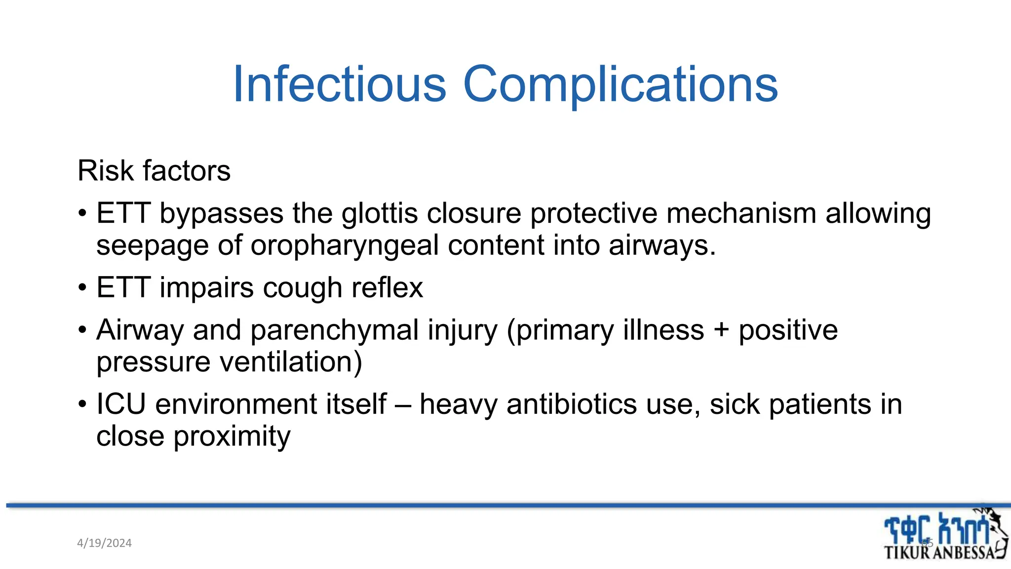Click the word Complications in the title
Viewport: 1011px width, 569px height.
(620, 85)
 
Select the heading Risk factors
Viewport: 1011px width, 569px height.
(154, 171)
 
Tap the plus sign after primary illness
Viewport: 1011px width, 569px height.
(721, 330)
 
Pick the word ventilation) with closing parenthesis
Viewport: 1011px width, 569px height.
(291, 362)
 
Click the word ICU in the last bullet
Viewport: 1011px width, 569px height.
(121, 404)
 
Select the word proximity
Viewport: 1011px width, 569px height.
(232, 437)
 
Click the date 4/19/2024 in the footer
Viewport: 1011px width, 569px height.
(105, 543)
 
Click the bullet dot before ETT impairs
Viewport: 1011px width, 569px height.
(82, 288)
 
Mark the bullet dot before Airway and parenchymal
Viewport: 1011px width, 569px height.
(82, 330)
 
